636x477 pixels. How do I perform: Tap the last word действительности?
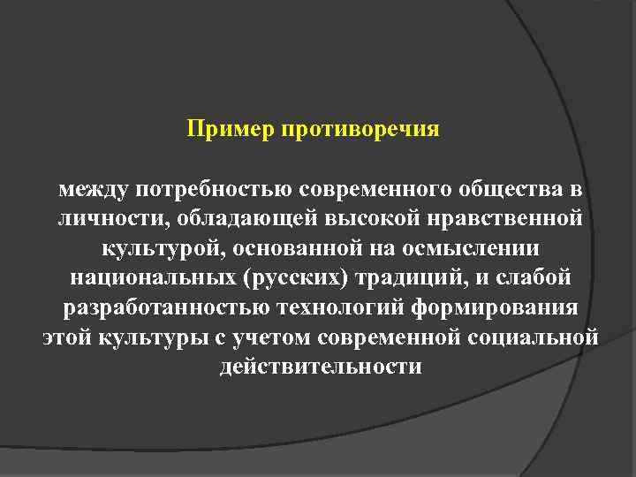coord(321,366)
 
